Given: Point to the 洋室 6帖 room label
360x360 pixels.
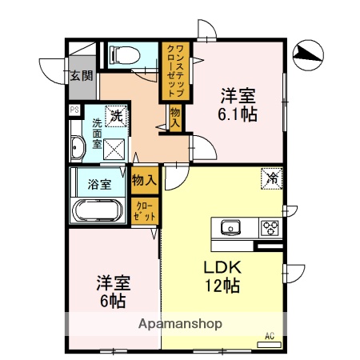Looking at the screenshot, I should [x=111, y=292].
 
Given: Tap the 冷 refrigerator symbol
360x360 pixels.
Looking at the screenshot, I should [x=272, y=178].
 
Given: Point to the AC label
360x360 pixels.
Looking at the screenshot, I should [x=270, y=335].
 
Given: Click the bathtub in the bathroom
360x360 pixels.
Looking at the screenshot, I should [x=97, y=212].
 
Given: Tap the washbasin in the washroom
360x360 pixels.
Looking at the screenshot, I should [x=78, y=147].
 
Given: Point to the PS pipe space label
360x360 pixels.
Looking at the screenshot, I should [x=74, y=110].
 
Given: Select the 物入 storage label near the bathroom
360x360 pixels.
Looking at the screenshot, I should [x=144, y=181].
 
